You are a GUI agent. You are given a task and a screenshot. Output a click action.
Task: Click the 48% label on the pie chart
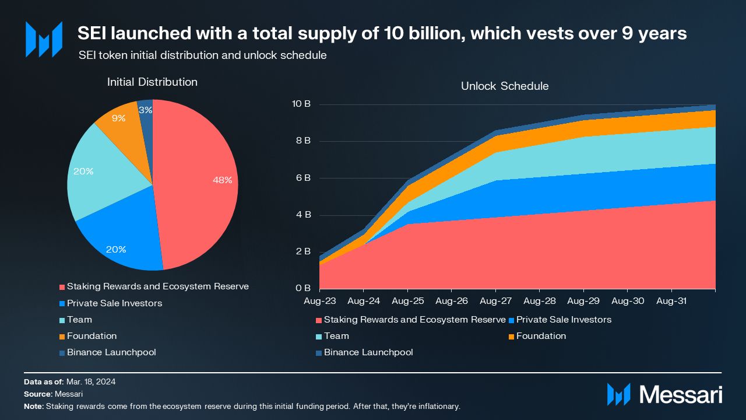[222, 180]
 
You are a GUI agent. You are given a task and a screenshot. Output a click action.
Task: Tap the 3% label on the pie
[146, 110]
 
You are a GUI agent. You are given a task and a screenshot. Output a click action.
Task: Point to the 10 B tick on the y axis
[301, 104]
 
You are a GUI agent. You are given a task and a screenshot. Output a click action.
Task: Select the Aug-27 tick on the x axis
[495, 301]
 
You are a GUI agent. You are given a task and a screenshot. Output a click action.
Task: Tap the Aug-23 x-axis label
[319, 301]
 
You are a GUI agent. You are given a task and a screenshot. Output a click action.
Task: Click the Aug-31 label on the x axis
[671, 301]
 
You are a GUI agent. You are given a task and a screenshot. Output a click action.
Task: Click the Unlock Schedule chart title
[505, 86]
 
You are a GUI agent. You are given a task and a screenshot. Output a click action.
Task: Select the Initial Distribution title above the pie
[152, 82]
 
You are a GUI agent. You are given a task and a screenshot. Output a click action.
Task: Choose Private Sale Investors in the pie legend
[114, 303]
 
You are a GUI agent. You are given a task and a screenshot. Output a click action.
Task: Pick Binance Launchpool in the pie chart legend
[111, 352]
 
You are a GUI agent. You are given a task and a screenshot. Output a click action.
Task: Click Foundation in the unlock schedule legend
[541, 336]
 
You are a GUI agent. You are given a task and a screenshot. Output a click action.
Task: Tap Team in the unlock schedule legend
[336, 336]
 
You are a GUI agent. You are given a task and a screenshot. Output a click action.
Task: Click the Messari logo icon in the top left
[44, 39]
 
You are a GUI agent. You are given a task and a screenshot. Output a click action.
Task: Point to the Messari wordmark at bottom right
[680, 395]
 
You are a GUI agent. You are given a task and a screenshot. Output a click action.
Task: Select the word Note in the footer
[33, 406]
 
